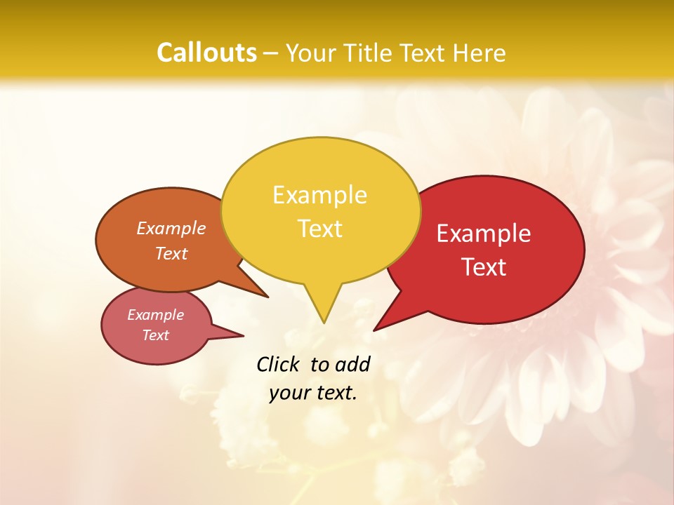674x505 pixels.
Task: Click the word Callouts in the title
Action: coord(206,53)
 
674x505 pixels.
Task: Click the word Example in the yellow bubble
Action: coord(319,195)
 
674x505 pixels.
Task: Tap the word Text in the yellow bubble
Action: coord(320,229)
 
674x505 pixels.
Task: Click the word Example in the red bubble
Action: coord(484,234)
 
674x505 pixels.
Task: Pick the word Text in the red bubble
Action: coord(484,267)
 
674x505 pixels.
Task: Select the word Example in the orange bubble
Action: coord(171,229)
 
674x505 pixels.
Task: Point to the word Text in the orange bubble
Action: coord(171,254)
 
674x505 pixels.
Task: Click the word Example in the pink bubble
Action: coord(155,316)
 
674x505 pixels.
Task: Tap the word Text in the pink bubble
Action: coord(155,335)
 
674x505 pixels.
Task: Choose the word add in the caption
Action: coord(352,364)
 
